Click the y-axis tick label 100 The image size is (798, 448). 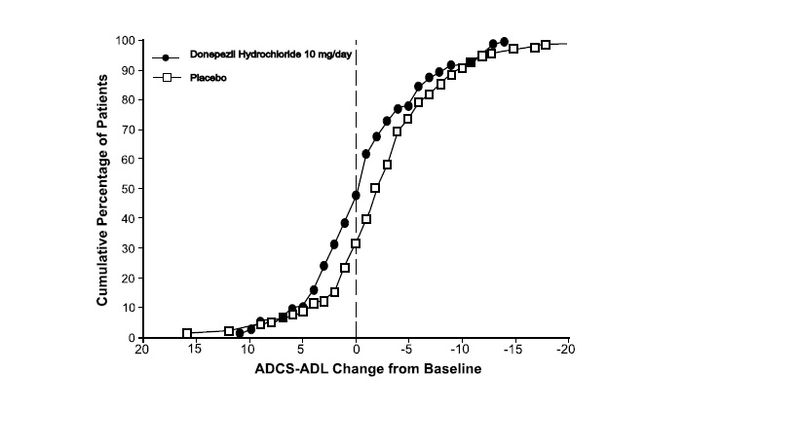[x=125, y=41]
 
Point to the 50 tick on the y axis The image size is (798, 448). [x=128, y=189]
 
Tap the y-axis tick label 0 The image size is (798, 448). [x=131, y=338]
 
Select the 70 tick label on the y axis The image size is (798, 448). [x=128, y=130]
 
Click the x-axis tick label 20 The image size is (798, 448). [x=142, y=351]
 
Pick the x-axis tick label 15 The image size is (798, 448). [x=195, y=351]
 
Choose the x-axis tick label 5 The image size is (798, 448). [x=302, y=351]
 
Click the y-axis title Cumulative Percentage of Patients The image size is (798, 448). [x=101, y=189]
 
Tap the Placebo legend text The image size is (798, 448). [x=208, y=77]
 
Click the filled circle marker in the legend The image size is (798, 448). [x=166, y=57]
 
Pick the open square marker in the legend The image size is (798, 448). [x=166, y=77]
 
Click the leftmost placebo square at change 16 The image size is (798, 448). [x=186, y=333]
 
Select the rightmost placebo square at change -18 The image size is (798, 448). [x=546, y=45]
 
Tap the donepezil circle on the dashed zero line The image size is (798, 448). [x=356, y=196]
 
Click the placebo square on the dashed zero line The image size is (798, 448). [x=356, y=243]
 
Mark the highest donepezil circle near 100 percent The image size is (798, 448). [x=504, y=42]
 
